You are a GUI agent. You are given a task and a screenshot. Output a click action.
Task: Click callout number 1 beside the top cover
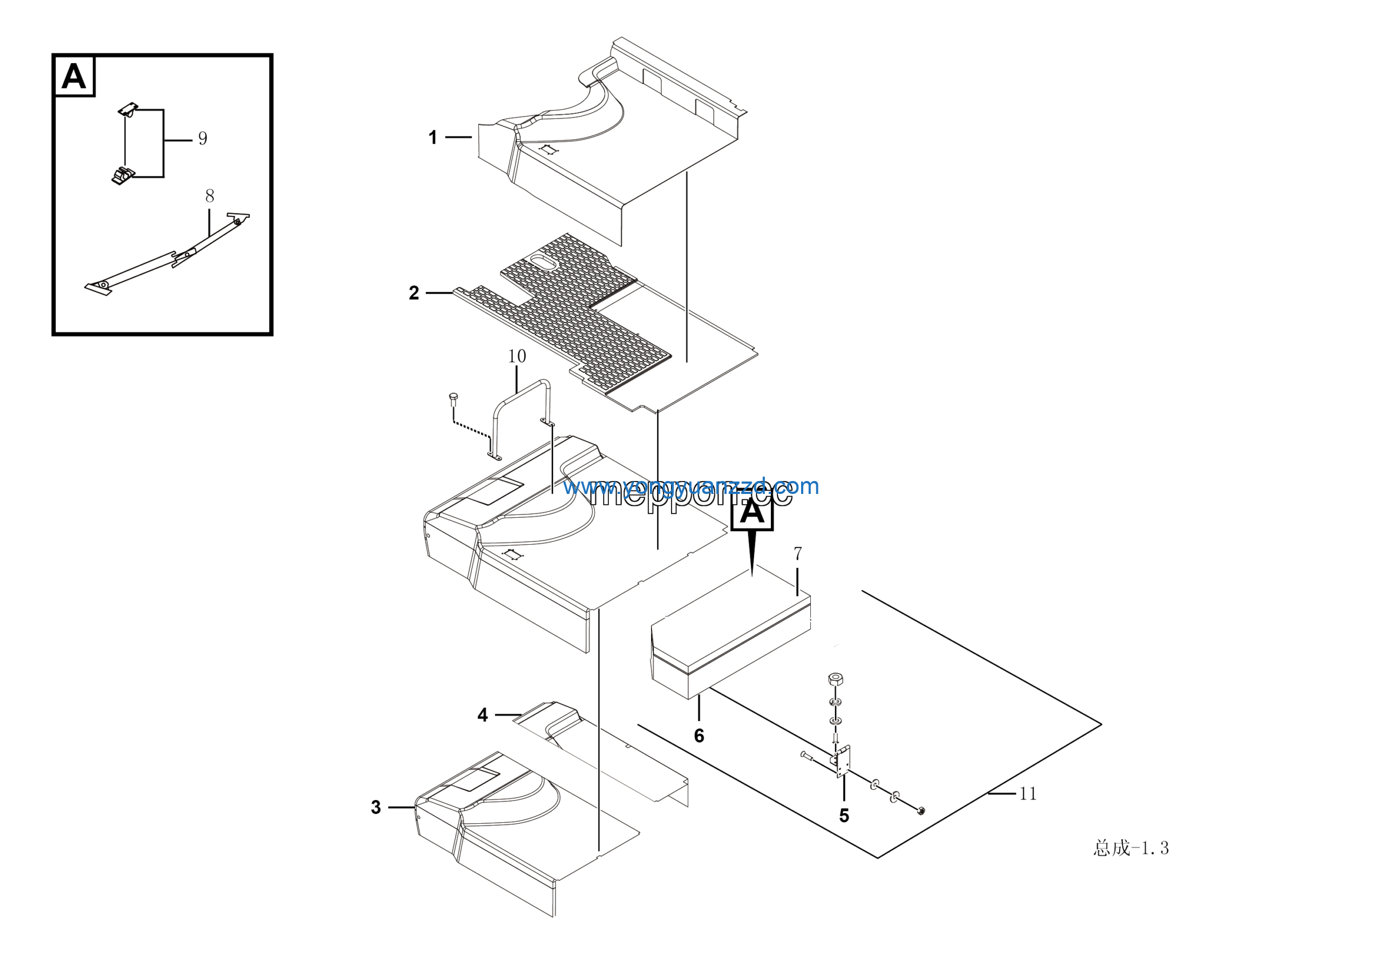[432, 137]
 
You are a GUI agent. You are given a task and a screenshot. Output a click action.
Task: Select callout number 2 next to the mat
[414, 293]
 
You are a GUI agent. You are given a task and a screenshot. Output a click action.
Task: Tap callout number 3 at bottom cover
[376, 807]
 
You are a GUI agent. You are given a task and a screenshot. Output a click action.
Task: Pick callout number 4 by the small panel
[482, 715]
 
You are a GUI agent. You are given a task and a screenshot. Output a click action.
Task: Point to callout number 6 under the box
[699, 735]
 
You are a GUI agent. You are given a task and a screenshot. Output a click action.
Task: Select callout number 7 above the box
[797, 553]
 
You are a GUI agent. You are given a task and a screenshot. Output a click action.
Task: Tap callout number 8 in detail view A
[209, 195]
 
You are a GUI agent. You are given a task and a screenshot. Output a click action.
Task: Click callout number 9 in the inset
[203, 138]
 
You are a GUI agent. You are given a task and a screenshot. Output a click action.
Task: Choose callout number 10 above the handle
[517, 356]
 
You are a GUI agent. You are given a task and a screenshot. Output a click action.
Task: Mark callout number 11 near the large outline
[1027, 794]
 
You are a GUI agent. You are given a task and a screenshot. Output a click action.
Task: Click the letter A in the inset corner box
[74, 77]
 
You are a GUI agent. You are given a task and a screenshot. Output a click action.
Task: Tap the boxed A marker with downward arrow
[752, 513]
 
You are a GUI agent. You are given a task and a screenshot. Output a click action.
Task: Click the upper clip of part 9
[127, 110]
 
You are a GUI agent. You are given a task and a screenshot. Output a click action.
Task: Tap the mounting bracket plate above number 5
[843, 761]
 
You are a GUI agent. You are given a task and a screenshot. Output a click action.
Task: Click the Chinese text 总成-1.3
[1130, 849]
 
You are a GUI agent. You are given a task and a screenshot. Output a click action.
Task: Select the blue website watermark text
[690, 486]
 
